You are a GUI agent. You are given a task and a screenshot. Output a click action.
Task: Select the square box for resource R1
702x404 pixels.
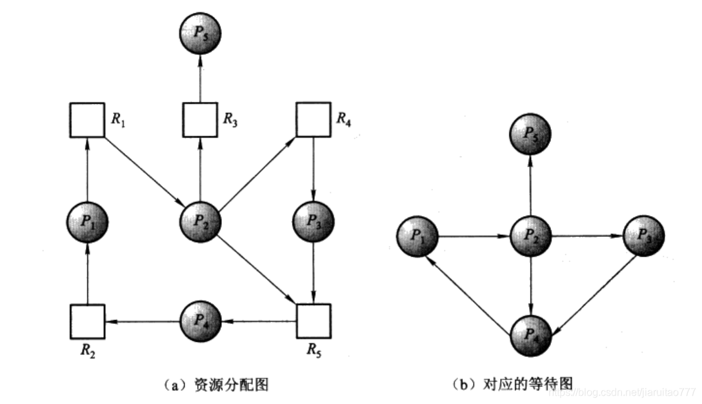pyautogui.click(x=87, y=119)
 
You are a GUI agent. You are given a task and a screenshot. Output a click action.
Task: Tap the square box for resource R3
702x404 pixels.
pyautogui.click(x=199, y=119)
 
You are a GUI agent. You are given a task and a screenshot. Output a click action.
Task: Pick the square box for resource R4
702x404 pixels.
pyautogui.click(x=313, y=119)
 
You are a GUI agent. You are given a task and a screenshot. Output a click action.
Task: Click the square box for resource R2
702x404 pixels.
pyautogui.click(x=87, y=320)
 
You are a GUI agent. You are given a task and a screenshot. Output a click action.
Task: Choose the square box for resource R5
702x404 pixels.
pyautogui.click(x=313, y=320)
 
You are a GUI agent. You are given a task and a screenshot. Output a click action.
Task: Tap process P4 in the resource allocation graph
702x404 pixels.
pyautogui.click(x=199, y=320)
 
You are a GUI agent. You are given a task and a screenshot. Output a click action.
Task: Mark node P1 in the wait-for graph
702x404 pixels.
pyautogui.click(x=417, y=237)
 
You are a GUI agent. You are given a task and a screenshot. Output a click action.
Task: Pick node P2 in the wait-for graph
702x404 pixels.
pyautogui.click(x=530, y=237)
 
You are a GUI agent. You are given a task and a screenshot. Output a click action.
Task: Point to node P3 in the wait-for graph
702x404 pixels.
pyautogui.click(x=643, y=237)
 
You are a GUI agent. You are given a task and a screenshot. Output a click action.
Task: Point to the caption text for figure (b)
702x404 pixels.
pyautogui.click(x=514, y=385)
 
